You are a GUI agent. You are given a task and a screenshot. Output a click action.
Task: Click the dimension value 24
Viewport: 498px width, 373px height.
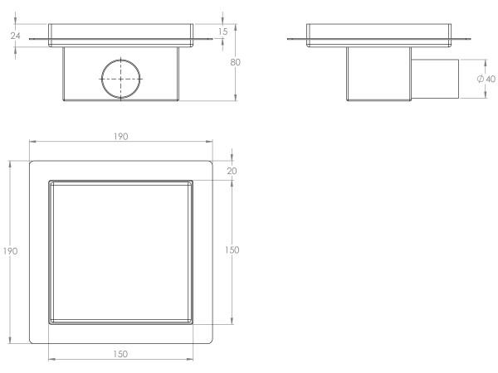pos(15,36)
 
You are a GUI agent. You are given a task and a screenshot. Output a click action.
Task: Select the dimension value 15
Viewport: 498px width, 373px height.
pos(223,31)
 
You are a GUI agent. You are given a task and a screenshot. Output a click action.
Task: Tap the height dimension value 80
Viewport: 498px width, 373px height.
pos(235,62)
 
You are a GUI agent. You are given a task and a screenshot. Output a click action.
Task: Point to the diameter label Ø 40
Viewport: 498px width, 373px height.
pos(486,79)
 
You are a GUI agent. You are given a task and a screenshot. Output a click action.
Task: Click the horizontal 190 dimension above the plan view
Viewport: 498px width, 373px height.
pos(121,137)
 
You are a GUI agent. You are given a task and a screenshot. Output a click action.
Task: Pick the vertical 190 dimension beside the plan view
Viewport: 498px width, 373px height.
pos(10,251)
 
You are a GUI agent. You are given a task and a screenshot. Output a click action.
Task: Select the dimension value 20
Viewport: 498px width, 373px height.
pos(232,171)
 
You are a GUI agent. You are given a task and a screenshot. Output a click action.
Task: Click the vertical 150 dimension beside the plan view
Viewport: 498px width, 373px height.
pos(232,250)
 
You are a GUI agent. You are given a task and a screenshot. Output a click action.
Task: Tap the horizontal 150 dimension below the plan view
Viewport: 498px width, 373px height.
pos(120,354)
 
